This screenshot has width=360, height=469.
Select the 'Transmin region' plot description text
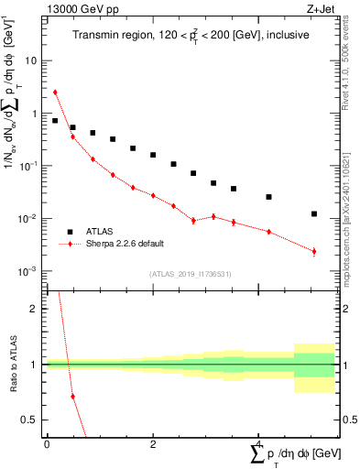pos(191,35)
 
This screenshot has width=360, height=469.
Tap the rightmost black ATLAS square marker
pos(314,214)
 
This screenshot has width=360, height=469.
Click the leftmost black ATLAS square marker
pos(55,120)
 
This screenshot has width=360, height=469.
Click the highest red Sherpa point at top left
pos(55,92)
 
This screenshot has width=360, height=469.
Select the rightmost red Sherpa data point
pos(314,251)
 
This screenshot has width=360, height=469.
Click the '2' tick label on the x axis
pos(152,443)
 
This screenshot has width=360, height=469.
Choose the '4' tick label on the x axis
pos(258,443)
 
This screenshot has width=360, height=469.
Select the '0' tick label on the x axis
pos(47,443)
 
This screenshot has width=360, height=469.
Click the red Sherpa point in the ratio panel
pos(72,396)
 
